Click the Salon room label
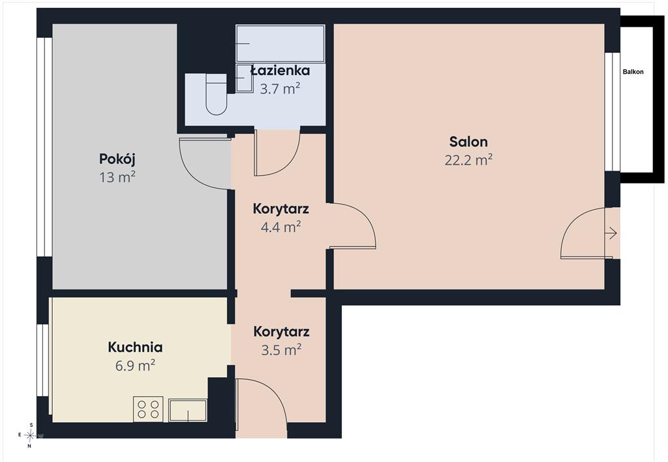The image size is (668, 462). pos(468,142)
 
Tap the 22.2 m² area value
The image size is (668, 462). pos(468,160)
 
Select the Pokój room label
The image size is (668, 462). pos(117,159)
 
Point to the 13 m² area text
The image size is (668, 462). pos(117,176)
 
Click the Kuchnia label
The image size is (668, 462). pos(135,347)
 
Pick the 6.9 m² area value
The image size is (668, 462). pos(135,365)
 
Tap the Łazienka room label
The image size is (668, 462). pos(280,71)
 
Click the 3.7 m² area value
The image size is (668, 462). pos(280,89)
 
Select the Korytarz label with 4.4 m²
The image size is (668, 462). pos(281,208)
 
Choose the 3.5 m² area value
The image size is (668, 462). pos(281,350)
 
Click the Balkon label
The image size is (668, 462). pos(633,72)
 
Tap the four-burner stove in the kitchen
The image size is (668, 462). pos(148,408)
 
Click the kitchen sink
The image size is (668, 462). pos(188,410)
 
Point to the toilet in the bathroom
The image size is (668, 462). pos(216,95)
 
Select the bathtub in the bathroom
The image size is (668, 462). pos(281,44)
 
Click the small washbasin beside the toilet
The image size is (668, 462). pos(245,78)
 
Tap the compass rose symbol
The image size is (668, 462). pos(30,435)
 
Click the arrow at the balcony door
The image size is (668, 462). pos(611,233)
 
